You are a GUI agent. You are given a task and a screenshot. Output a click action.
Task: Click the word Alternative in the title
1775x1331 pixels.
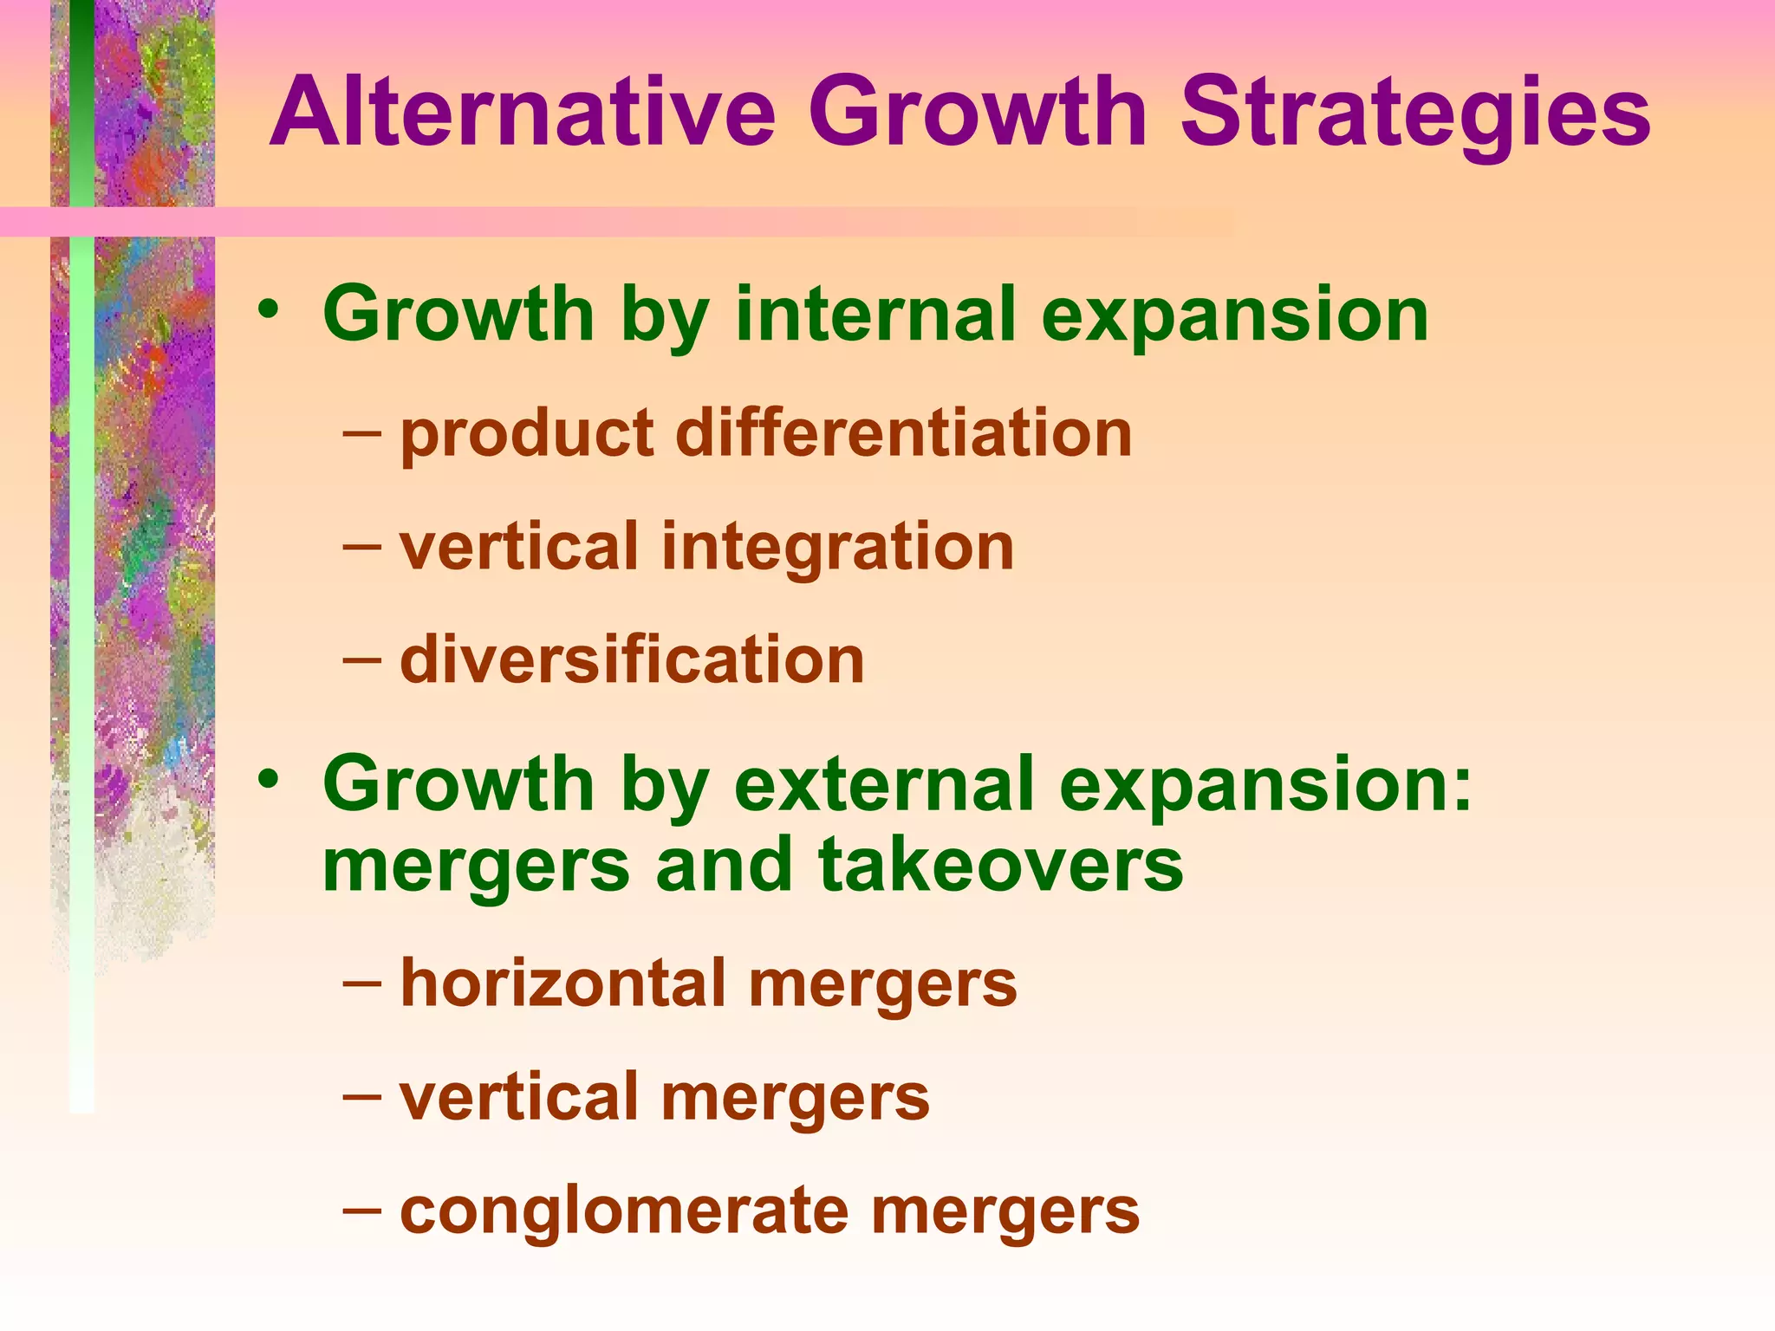[523, 113]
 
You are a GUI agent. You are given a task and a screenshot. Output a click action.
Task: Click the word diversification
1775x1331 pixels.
[632, 660]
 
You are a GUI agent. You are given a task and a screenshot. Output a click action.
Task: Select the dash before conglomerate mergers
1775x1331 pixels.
[361, 1208]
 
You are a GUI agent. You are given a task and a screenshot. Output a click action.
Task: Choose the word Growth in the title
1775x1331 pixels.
[979, 113]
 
